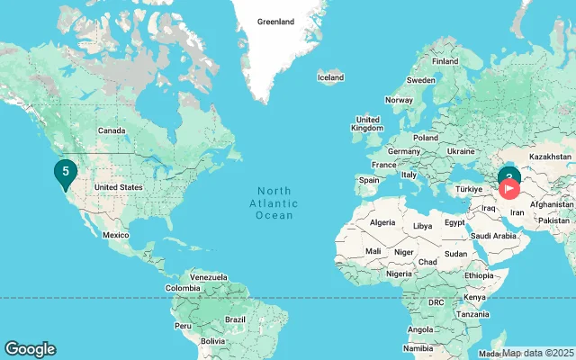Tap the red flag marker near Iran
[x=509, y=189]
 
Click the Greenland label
[x=275, y=22]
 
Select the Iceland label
[x=330, y=77]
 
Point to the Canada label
[x=111, y=130]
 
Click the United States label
[x=119, y=187]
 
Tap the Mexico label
[x=115, y=234]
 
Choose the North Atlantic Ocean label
[x=274, y=202]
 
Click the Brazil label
[x=235, y=319]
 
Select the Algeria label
[x=383, y=222]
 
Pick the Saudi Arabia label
[x=493, y=236]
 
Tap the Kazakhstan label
[x=550, y=157]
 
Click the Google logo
[x=30, y=349]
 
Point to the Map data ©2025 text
[x=537, y=353]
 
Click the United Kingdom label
[x=367, y=124]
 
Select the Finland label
[x=445, y=61]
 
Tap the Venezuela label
[x=208, y=276]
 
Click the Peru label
[x=183, y=325]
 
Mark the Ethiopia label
[x=479, y=275]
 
